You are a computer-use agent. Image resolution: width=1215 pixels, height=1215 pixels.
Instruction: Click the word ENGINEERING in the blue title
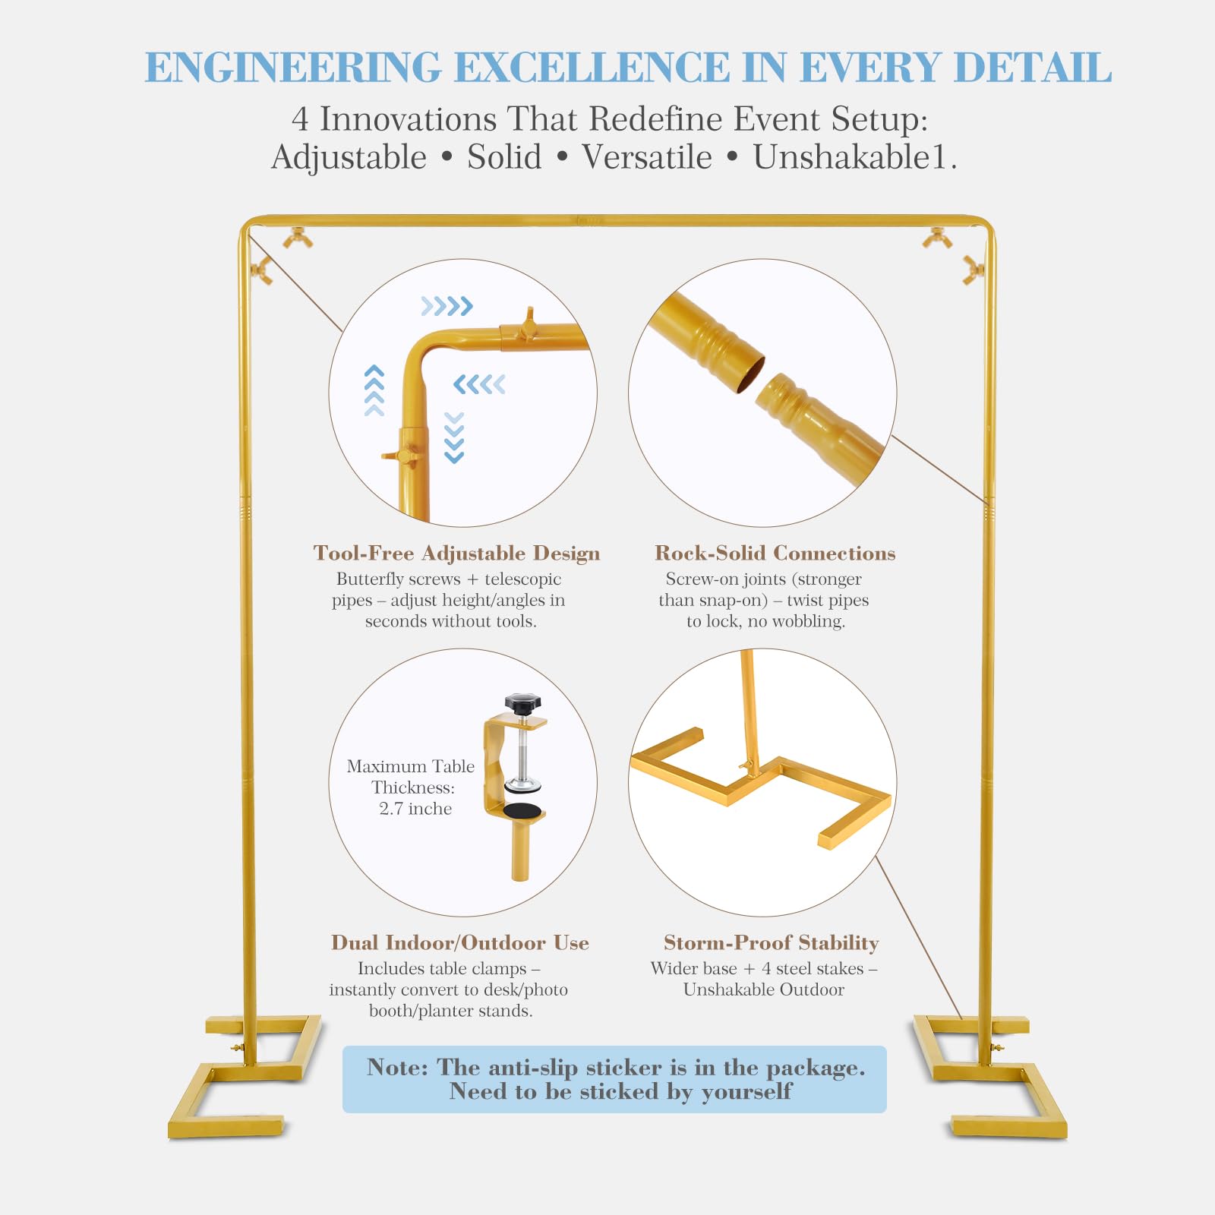293,67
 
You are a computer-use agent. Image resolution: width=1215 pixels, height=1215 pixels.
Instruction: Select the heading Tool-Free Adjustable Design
456,553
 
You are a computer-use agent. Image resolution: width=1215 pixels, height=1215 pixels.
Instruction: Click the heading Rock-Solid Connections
775,553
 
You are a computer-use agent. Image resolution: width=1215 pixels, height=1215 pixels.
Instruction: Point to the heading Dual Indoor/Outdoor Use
459,942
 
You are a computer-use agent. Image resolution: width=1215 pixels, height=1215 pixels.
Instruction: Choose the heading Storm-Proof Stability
771,942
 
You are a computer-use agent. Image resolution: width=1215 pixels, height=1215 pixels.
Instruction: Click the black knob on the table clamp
522,703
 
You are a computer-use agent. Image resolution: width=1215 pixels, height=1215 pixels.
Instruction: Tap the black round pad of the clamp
522,810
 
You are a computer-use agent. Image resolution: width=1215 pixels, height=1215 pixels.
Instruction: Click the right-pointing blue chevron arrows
447,306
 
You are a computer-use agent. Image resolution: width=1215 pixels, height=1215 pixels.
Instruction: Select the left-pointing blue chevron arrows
479,384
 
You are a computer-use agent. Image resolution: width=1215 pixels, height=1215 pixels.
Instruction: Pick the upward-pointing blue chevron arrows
374,390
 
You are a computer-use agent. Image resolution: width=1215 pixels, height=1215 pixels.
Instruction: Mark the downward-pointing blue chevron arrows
454,437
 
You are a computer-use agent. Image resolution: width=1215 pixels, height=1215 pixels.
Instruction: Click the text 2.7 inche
415,809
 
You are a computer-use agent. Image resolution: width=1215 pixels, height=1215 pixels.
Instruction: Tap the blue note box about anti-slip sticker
614,1079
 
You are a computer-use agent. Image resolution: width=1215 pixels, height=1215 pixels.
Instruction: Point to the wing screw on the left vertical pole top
262,270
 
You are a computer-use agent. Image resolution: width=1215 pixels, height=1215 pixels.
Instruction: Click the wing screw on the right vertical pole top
973,270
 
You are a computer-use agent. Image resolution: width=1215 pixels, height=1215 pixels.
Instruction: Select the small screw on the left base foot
238,1048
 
